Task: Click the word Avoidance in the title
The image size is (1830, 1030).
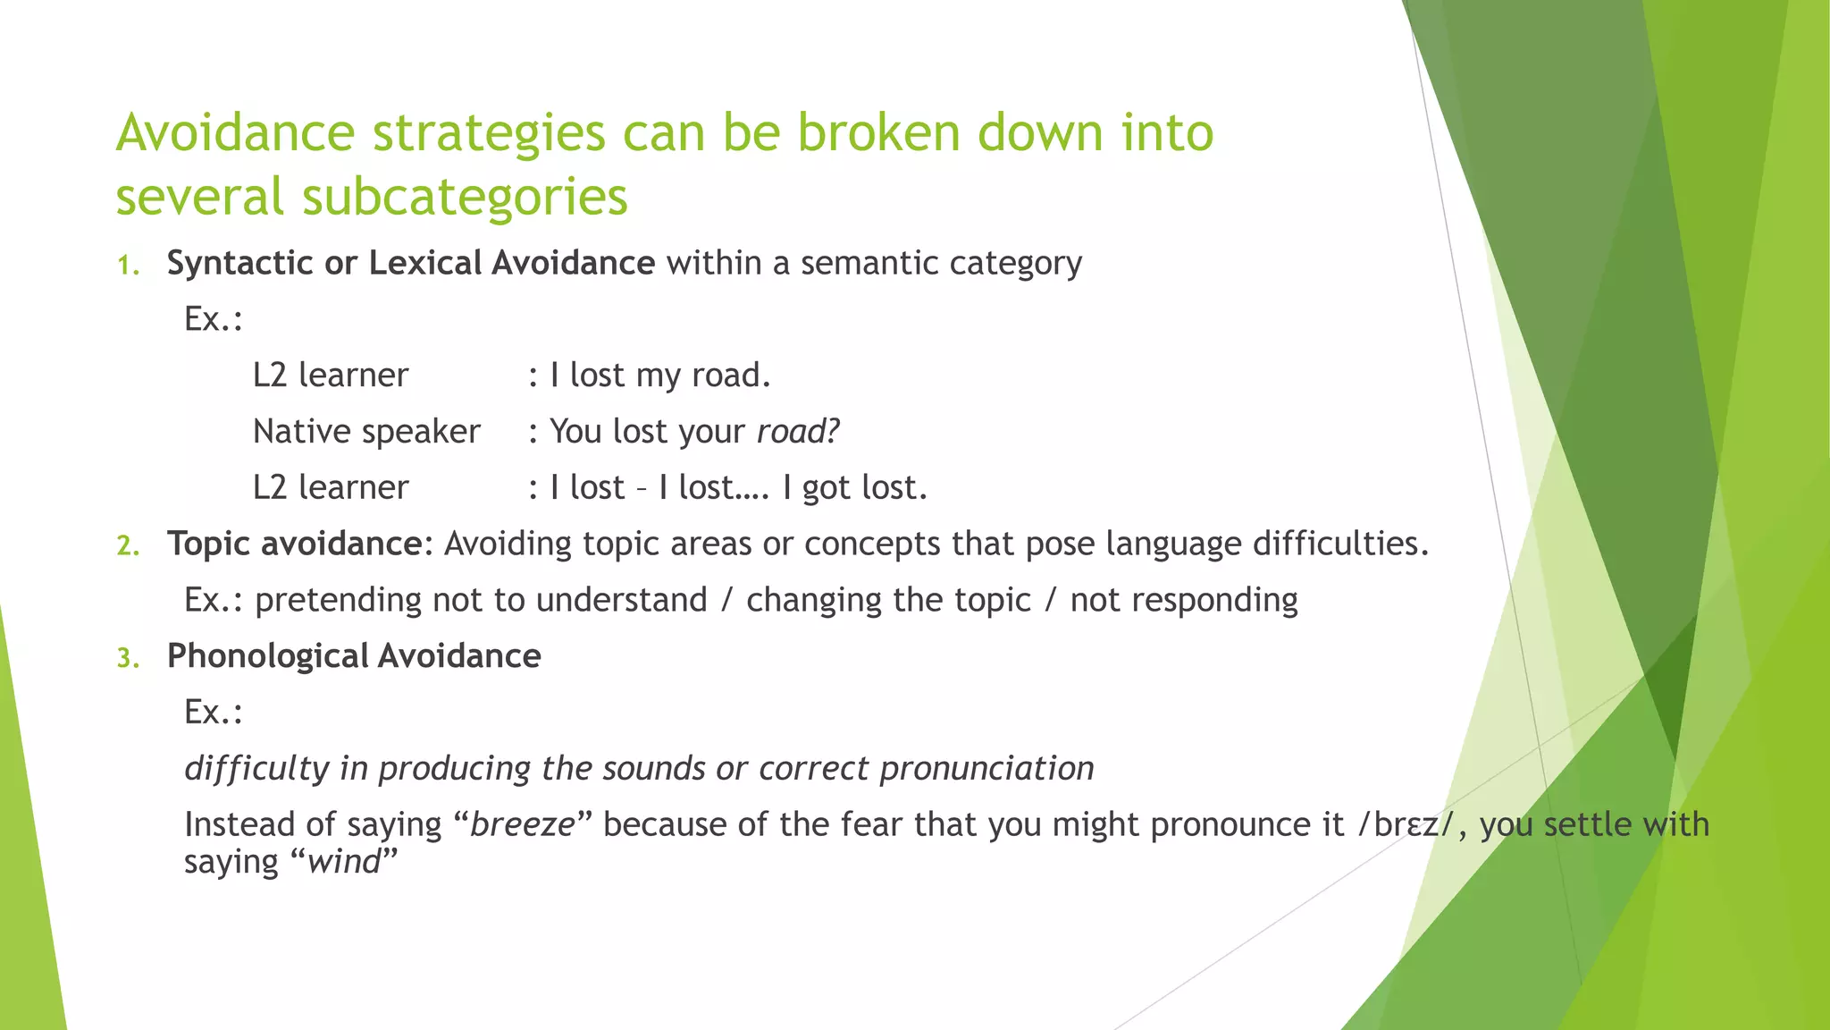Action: (236, 132)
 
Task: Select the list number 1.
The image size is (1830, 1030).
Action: (129, 266)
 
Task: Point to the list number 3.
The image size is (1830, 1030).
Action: (129, 659)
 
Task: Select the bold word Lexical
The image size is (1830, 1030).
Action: (425, 263)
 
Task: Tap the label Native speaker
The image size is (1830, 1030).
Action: (366, 432)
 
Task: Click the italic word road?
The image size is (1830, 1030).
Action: (798, 432)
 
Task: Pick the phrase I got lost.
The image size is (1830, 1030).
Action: (855, 488)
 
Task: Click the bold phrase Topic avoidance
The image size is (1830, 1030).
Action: (295, 544)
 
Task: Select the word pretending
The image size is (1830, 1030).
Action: (338, 600)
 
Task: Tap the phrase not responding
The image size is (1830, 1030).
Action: (1184, 600)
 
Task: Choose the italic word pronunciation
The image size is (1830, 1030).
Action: (986, 769)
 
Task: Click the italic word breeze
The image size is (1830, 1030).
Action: (523, 824)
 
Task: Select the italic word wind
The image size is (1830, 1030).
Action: (344, 862)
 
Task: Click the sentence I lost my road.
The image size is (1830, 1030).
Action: (659, 376)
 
